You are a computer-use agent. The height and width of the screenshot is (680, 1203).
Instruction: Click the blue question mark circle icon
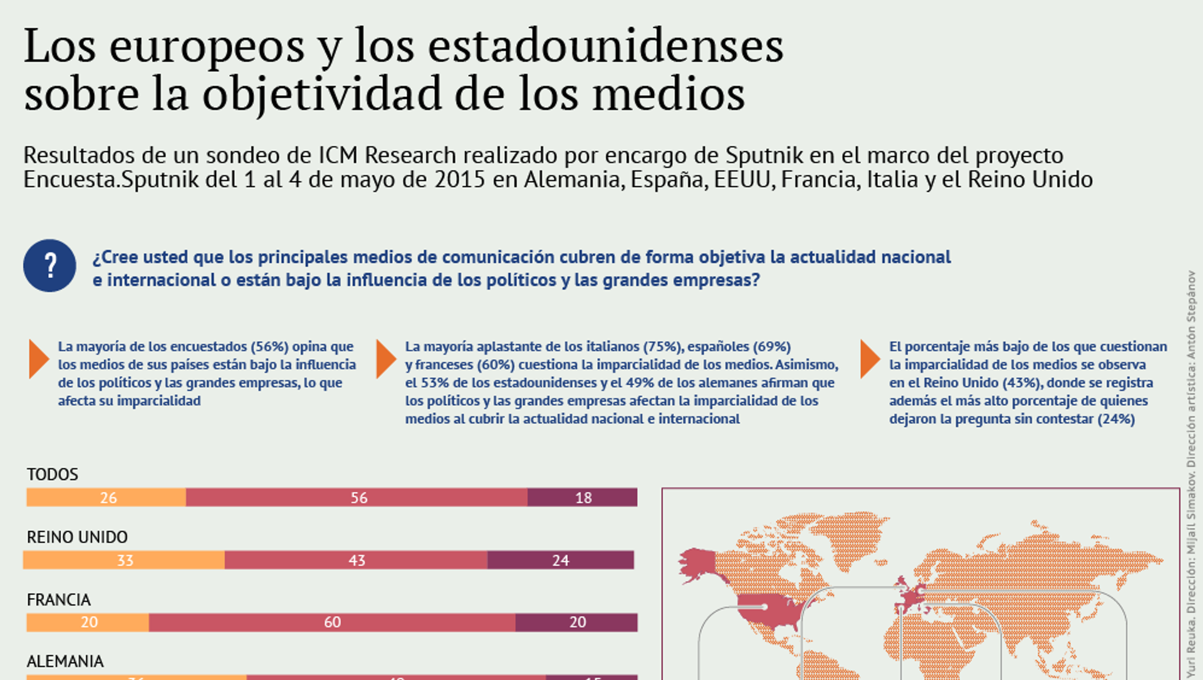tap(49, 265)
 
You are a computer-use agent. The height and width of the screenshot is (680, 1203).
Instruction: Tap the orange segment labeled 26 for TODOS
tap(106, 497)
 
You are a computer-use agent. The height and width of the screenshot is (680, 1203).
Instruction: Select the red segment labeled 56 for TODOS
tap(357, 497)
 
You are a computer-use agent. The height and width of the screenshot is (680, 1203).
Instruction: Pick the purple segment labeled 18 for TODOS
tap(582, 497)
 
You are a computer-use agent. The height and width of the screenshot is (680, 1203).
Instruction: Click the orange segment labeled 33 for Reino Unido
tap(124, 560)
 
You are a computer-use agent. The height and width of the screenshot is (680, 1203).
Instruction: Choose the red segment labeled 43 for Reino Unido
tap(356, 560)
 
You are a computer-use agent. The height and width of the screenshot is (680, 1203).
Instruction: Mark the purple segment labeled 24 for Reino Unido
tap(560, 560)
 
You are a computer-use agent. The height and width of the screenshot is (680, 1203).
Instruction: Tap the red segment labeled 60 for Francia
tap(332, 622)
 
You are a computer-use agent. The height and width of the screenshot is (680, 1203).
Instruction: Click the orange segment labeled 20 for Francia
tap(88, 622)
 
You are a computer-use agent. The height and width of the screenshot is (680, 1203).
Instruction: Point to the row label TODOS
tap(53, 475)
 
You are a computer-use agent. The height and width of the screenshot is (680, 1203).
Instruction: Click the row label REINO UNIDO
tap(77, 537)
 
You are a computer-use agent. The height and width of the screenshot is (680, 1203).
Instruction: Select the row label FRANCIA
tap(59, 600)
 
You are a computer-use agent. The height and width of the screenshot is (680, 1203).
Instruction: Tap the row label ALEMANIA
tap(65, 661)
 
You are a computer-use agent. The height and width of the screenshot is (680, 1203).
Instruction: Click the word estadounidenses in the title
tap(606, 46)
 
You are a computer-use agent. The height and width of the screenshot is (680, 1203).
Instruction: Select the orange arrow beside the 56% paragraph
tap(38, 359)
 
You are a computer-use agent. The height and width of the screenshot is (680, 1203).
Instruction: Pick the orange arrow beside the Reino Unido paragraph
tap(869, 359)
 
